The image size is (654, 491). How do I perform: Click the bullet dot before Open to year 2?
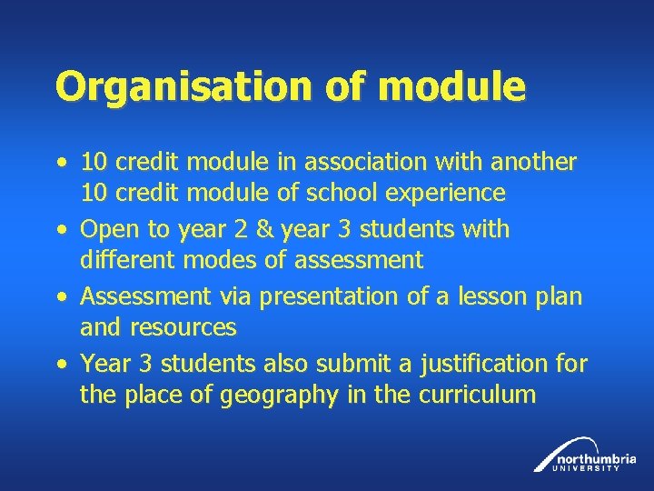coord(60,230)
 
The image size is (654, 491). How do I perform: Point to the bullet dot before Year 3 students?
coord(60,365)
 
